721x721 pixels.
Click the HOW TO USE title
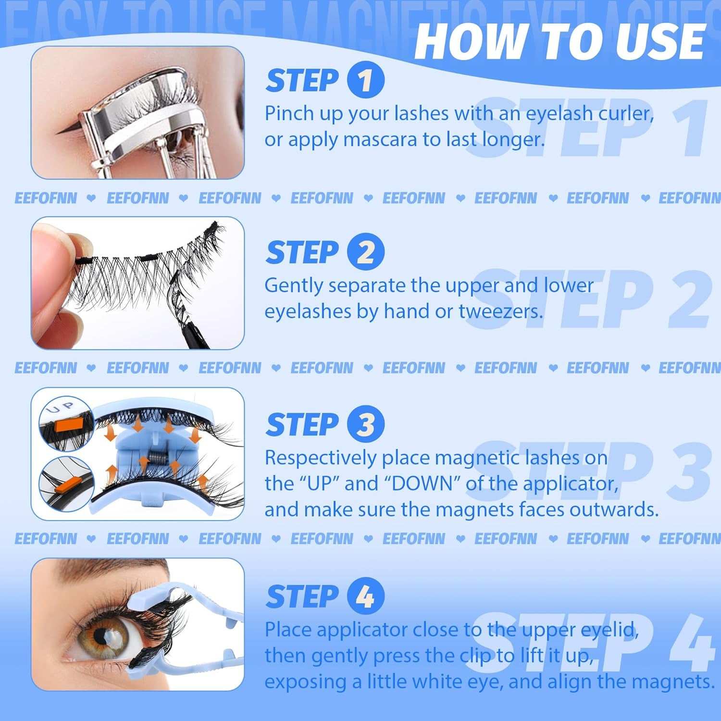tap(559, 41)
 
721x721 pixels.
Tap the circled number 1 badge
tap(365, 80)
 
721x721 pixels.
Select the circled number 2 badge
tap(365, 252)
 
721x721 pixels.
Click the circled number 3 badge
tap(365, 424)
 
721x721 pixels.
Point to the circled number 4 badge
tap(365, 597)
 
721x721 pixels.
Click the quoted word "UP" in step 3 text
tap(318, 484)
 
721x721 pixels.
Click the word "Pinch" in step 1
tap(287, 114)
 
